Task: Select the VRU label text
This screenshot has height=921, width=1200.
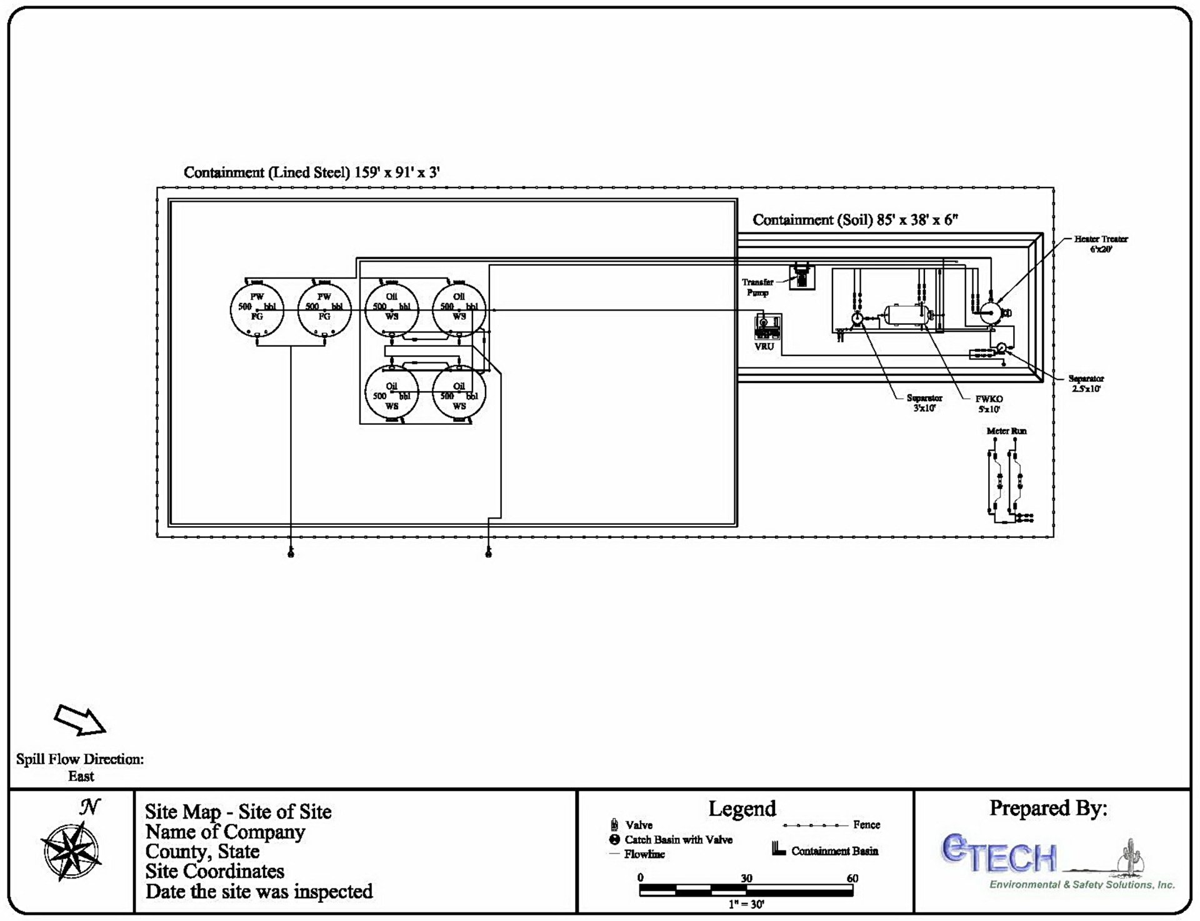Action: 764,346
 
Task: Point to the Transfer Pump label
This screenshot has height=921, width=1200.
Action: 757,287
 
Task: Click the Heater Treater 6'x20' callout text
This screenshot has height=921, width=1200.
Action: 1101,244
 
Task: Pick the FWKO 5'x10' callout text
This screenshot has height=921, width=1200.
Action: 989,404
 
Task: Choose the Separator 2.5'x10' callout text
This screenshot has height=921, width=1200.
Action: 1086,383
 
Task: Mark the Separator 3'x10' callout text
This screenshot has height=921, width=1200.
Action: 924,402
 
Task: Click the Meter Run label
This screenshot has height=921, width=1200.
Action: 1006,431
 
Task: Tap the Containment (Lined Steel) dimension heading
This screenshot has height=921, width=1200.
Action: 311,172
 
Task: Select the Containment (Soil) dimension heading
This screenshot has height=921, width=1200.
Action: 854,220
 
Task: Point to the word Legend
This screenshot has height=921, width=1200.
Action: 742,809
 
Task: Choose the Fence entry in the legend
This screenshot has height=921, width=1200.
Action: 866,825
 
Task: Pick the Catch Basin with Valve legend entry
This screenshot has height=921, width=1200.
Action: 678,840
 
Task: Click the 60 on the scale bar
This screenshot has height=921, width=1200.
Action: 852,878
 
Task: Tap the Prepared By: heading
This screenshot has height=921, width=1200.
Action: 1048,808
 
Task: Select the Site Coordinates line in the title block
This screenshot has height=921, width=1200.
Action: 214,871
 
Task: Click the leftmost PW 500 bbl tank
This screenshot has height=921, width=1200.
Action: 257,310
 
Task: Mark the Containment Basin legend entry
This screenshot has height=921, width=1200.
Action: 834,851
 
